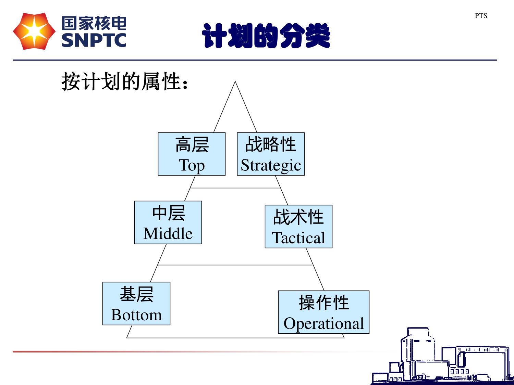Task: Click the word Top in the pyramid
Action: tap(192, 165)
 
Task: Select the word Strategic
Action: tap(271, 165)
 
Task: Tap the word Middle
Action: tap(168, 234)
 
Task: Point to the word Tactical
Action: tap(298, 238)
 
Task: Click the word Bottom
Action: tap(136, 315)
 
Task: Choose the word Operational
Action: tap(323, 323)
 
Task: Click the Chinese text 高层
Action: tap(192, 144)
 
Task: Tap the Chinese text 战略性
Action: tap(271, 144)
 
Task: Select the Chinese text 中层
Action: tap(169, 213)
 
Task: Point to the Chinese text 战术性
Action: tap(298, 217)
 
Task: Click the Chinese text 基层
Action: tap(136, 294)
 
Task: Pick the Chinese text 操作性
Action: tap(324, 303)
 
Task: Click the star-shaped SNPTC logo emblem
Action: tap(34, 31)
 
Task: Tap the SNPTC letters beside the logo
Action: tap(94, 40)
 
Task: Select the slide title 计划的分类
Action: tap(266, 36)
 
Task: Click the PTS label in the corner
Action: tap(481, 16)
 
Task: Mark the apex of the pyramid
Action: tap(235, 82)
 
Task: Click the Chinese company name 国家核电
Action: tap(94, 23)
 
